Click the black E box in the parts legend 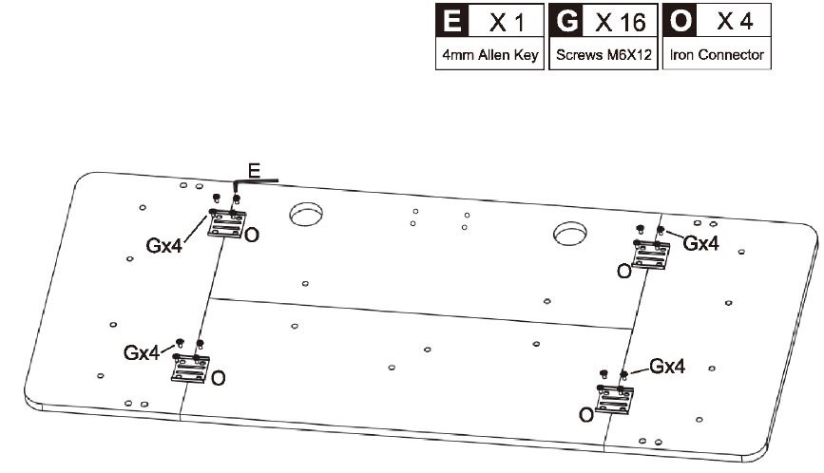(x=452, y=21)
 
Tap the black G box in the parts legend (x=566, y=21)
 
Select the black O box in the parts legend (x=680, y=21)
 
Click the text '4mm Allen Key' (x=489, y=54)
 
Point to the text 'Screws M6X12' (x=604, y=54)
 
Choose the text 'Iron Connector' (x=717, y=54)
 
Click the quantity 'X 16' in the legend (x=621, y=22)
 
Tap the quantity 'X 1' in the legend (x=507, y=22)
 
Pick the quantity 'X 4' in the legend (x=736, y=22)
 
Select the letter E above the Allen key (x=254, y=171)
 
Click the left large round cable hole (x=306, y=214)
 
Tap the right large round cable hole (x=570, y=234)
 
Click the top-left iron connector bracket (x=227, y=223)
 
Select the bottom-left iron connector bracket (x=190, y=368)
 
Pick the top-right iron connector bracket (x=651, y=255)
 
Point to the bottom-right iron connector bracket (x=614, y=400)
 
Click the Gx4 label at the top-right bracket (x=701, y=243)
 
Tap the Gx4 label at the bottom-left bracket (x=142, y=352)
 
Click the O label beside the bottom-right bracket (x=586, y=415)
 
